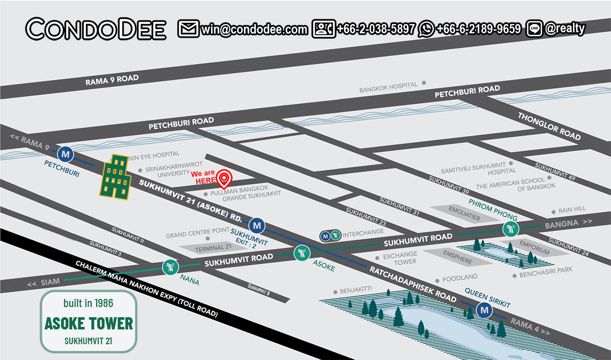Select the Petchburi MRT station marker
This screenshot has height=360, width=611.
tap(65, 153)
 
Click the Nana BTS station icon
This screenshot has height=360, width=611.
tap(170, 267)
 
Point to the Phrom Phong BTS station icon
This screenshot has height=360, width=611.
tap(510, 229)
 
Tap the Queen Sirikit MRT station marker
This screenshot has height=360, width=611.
tap(484, 309)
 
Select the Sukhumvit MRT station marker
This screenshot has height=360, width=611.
tap(257, 224)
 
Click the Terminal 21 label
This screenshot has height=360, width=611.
tap(209, 248)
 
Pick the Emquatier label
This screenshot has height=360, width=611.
tap(464, 210)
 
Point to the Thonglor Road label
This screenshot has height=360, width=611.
tap(549, 126)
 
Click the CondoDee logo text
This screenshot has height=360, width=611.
tap(96, 29)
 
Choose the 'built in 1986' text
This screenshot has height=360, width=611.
tap(89, 303)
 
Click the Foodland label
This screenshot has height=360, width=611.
tap(460, 277)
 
